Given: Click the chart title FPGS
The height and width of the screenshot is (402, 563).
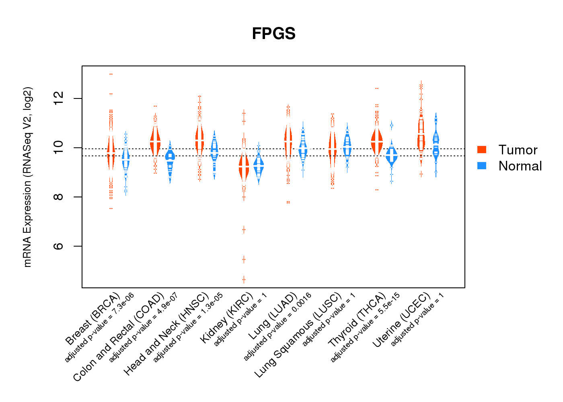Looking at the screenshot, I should click(273, 34).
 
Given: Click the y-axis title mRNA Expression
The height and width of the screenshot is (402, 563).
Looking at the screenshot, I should click(27, 177).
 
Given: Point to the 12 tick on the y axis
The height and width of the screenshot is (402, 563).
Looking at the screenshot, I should click(58, 98).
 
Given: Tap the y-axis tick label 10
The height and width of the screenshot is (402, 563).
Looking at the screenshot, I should click(58, 148).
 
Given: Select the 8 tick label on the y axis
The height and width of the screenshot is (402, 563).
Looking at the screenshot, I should click(58, 197).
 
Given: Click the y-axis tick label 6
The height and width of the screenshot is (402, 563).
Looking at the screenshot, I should click(58, 246).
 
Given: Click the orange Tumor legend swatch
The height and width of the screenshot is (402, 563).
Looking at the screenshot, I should click(482, 150).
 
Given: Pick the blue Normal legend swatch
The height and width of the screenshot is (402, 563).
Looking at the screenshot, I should click(482, 166).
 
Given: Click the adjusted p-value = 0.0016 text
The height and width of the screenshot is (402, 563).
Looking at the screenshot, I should click(277, 326).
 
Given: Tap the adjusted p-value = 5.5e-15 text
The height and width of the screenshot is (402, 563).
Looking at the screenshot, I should click(365, 327).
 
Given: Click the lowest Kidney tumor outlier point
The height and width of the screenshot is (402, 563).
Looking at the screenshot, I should click(244, 279).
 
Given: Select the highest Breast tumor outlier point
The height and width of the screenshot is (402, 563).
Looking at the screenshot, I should click(111, 74).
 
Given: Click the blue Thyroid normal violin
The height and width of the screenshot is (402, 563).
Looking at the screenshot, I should click(391, 155).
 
